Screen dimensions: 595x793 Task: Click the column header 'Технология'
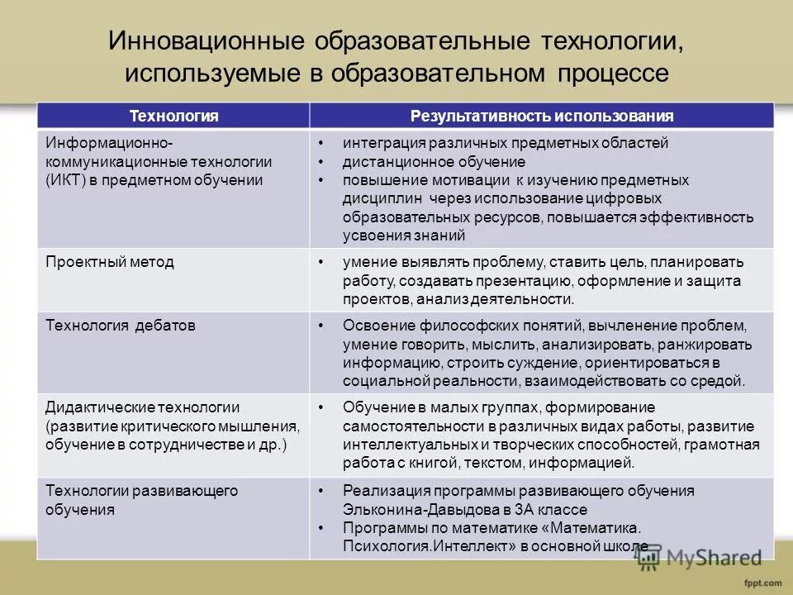click(174, 116)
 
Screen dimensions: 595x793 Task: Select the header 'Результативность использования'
click(542, 116)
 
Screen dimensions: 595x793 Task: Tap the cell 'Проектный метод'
click(110, 262)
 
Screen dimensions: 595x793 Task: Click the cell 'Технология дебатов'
click(121, 325)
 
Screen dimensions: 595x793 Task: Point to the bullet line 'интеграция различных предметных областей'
click(506, 143)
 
